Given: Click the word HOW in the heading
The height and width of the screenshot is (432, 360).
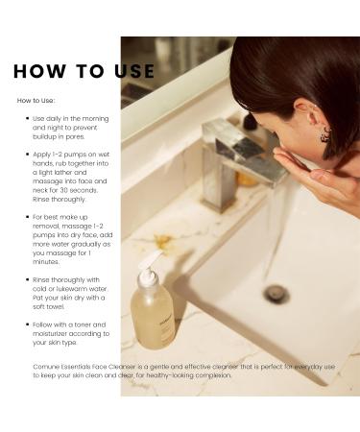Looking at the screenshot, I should tap(39, 72).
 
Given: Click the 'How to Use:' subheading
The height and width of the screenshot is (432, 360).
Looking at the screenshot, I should tap(36, 100).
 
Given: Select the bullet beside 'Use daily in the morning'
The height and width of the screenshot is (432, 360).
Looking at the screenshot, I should tap(27, 119).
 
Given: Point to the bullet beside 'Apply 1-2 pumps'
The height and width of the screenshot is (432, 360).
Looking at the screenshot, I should tap(27, 154).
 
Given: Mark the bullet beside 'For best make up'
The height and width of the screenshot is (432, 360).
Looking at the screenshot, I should tap(27, 217).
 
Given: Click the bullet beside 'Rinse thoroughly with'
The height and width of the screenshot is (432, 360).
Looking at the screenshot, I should tap(27, 279).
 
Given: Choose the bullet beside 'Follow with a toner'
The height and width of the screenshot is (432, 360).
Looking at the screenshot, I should tap(27, 324).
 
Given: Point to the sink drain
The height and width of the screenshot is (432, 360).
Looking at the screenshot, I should tap(277, 294).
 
